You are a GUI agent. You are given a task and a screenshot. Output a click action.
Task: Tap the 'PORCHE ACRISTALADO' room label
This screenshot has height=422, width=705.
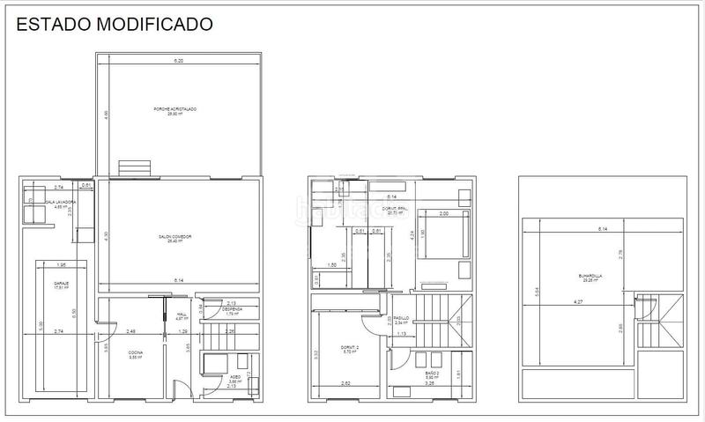pos(174,109)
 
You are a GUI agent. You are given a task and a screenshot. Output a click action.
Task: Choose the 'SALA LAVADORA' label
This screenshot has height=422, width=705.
pos(58,204)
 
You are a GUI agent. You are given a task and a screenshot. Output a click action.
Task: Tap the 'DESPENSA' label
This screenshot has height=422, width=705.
pos(230,310)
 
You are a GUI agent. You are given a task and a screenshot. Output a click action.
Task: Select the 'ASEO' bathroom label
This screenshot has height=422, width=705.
pos(224,377)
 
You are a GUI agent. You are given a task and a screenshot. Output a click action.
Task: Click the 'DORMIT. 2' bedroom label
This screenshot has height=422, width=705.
pos(350,349)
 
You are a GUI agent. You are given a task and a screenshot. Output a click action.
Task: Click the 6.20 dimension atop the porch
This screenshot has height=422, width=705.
pos(178,61)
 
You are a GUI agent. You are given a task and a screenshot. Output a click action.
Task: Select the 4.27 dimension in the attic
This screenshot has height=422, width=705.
pos(579,302)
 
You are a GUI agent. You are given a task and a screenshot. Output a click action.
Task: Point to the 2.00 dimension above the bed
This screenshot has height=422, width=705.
pos(443,214)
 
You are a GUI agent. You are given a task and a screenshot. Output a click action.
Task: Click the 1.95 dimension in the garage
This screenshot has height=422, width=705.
pos(62,265)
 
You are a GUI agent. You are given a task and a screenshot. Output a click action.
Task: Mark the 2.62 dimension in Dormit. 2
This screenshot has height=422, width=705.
pos(346,383)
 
